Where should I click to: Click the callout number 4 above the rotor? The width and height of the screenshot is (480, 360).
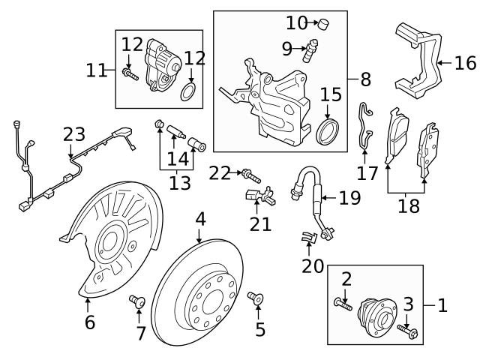(x=199, y=220)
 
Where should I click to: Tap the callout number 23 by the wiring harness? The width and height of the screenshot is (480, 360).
(x=74, y=135)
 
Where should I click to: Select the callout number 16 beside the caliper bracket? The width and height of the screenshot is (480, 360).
(x=465, y=62)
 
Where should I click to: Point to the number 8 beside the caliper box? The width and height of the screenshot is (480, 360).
(x=365, y=77)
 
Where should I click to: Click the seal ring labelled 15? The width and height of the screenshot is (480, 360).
(x=328, y=130)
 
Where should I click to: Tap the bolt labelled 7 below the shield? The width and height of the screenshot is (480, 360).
(x=136, y=303)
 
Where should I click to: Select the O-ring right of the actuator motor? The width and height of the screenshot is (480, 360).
(x=190, y=94)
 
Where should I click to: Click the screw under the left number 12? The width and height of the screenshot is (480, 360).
(x=131, y=73)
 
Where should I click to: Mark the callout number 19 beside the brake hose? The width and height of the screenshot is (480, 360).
(x=349, y=198)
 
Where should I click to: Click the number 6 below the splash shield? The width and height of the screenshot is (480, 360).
(x=90, y=322)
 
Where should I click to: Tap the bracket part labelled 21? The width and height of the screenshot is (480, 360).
(x=256, y=196)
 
